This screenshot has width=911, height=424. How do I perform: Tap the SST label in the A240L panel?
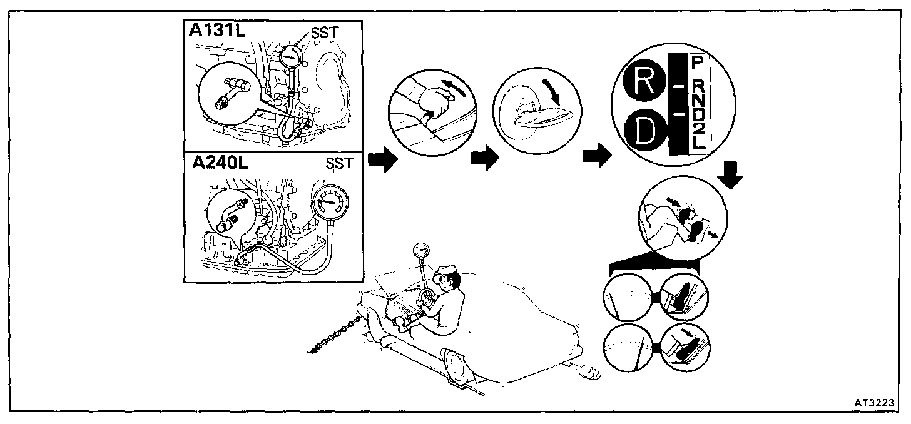click(339, 164)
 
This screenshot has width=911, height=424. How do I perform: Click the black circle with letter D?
click(643, 131)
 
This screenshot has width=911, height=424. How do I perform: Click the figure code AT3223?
click(872, 402)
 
